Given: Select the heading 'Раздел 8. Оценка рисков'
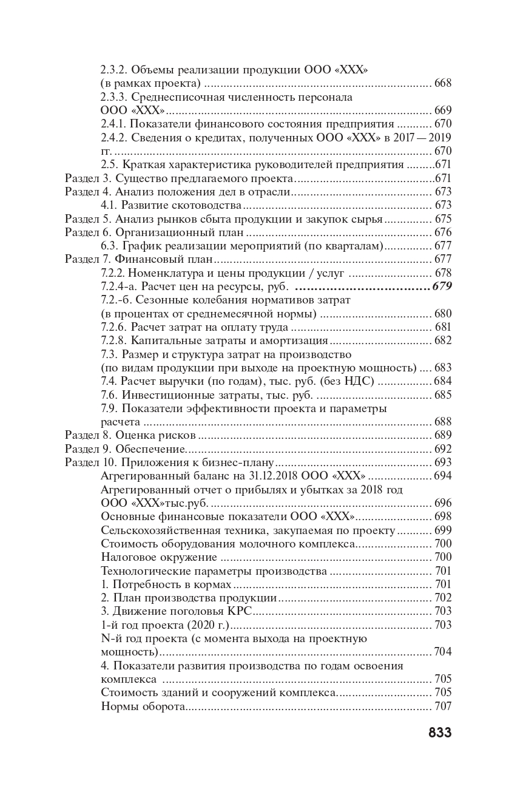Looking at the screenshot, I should [130, 436].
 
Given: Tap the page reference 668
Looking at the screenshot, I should [443, 83].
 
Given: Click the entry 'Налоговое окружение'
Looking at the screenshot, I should [159, 557].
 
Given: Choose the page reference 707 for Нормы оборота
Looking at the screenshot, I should [443, 707].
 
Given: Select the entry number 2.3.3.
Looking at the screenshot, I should [113, 97].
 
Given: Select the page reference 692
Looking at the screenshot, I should [443, 450].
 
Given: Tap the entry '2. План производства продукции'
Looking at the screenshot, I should [189, 598].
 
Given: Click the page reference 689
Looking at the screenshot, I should [443, 436].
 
